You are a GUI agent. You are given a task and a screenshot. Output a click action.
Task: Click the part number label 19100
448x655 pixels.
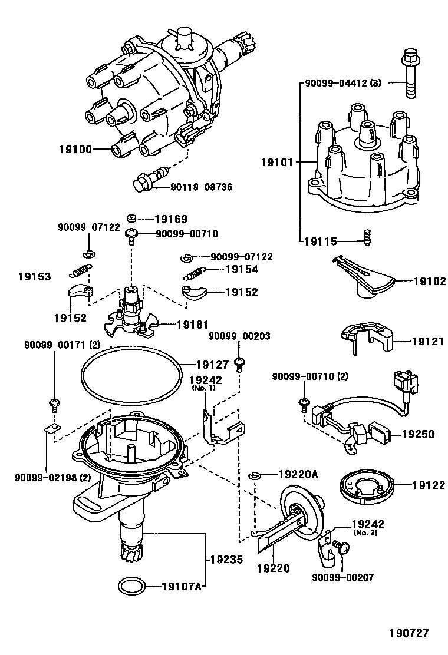[75, 150]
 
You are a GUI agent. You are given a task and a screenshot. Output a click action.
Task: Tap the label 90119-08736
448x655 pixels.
[202, 187]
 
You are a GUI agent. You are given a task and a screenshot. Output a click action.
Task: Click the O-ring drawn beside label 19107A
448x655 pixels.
[131, 586]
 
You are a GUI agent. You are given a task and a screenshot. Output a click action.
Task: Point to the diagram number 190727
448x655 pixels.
[408, 633]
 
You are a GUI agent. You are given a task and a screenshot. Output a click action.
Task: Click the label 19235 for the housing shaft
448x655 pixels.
[226, 561]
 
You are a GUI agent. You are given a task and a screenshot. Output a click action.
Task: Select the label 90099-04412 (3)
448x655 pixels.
[342, 84]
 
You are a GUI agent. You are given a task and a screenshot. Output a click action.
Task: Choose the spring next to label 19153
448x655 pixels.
[81, 272]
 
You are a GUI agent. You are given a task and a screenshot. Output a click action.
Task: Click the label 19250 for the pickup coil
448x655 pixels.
[418, 434]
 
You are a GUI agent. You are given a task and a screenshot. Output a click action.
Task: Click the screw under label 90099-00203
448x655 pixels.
[240, 363]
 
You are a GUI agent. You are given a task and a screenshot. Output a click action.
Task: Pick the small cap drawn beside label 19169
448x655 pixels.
[133, 219]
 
